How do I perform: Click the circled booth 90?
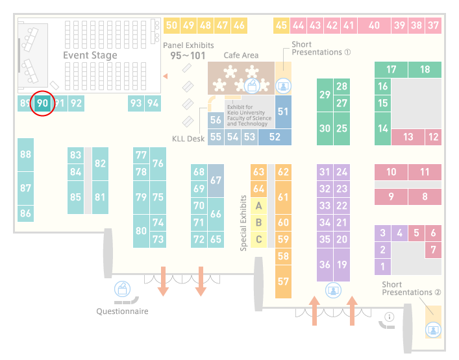[x=42, y=103]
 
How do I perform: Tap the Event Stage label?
[x=90, y=55]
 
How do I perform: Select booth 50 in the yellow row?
[x=171, y=25]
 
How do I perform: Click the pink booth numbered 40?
[x=374, y=25]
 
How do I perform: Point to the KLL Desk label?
[x=188, y=139]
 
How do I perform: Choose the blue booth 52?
[x=275, y=137]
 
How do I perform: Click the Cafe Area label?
[x=241, y=55]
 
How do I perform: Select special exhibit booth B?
[x=259, y=222]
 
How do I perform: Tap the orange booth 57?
[x=283, y=282]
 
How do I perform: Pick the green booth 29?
[x=325, y=95]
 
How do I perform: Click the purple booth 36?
[x=325, y=265]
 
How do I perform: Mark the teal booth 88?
[x=25, y=154]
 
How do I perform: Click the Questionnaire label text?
[x=122, y=311]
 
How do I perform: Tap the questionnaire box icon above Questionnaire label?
[x=122, y=289]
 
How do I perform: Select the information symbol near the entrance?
[x=390, y=317]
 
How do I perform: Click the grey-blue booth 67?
[x=216, y=180]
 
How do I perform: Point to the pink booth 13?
[x=408, y=137]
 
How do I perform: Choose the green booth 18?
[x=425, y=69]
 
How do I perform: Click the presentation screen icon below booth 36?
[x=333, y=291]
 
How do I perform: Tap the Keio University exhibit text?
[x=249, y=115]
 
